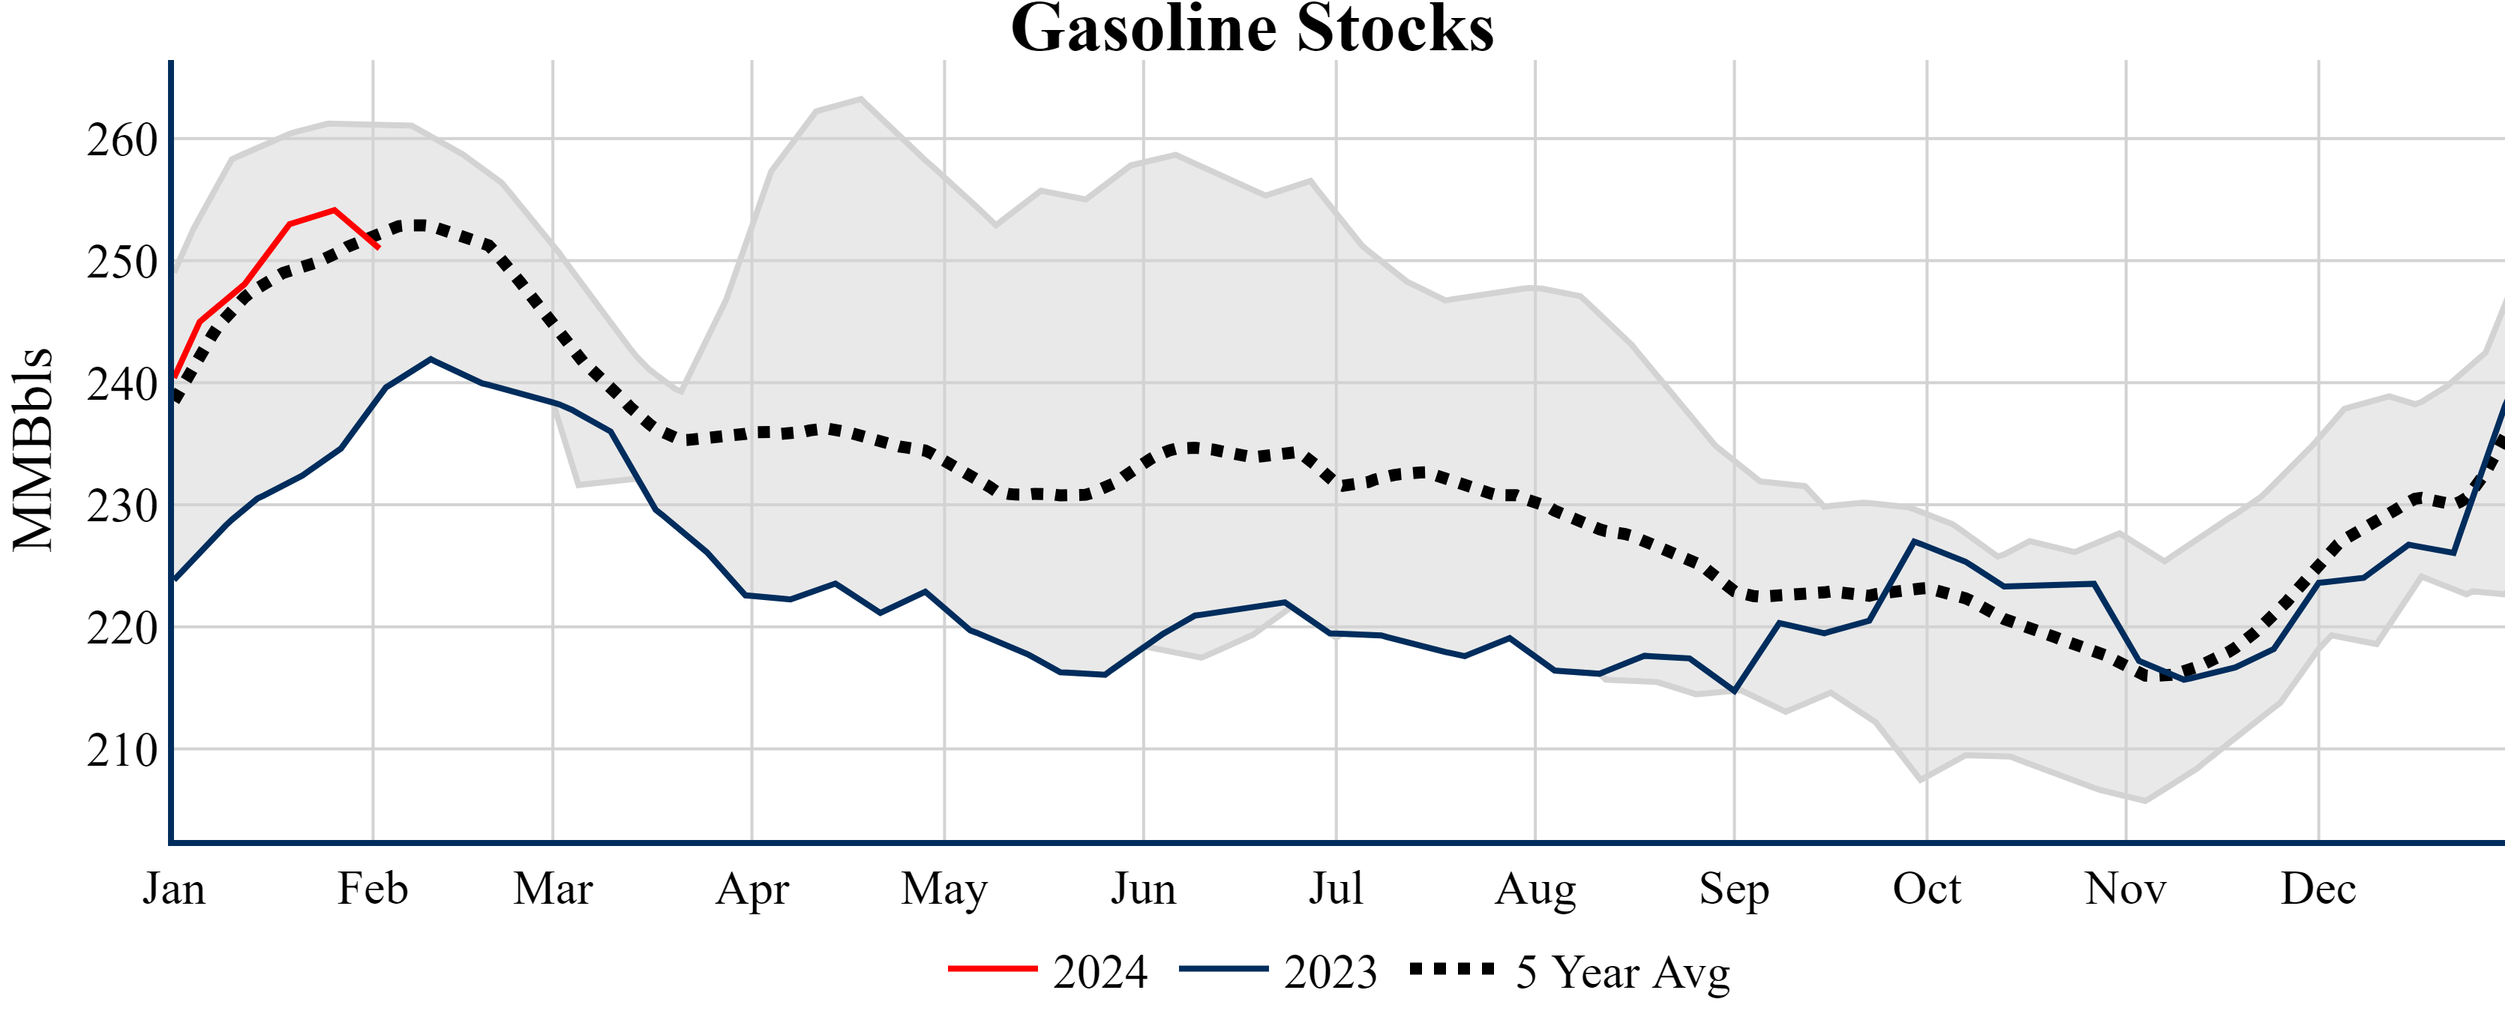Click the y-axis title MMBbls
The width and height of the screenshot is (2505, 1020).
(33, 449)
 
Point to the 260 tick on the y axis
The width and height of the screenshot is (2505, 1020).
(122, 140)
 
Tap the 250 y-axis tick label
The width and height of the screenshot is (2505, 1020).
(122, 262)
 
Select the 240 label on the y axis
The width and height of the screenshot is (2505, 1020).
(122, 384)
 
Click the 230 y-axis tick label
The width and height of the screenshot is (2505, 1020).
(122, 505)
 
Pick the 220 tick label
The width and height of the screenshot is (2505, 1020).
(122, 628)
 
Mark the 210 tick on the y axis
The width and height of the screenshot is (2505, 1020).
(122, 750)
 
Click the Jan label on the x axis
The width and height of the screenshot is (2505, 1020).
(173, 889)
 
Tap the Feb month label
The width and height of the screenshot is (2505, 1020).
(373, 889)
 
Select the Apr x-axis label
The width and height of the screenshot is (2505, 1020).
(751, 889)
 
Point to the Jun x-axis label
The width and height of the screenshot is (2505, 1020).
(1144, 889)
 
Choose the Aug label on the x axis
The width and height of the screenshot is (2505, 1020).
(1535, 889)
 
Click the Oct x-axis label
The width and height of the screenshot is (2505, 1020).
(1927, 889)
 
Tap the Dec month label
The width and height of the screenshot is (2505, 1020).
(2318, 889)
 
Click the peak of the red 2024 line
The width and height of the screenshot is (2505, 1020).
(334, 209)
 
